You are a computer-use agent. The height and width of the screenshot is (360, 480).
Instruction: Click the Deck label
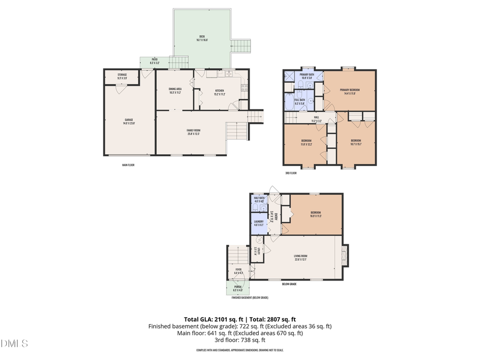pyautogui.click(x=202, y=37)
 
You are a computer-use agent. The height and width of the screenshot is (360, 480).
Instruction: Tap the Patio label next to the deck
pyautogui.click(x=154, y=60)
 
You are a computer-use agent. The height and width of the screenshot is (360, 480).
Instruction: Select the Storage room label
pyautogui.click(x=122, y=76)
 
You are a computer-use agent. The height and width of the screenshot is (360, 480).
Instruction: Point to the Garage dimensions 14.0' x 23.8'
pyautogui.click(x=129, y=123)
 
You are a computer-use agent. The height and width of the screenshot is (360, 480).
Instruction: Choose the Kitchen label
pyautogui.click(x=220, y=91)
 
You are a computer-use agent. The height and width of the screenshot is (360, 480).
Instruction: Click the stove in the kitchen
pyautogui.click(x=245, y=89)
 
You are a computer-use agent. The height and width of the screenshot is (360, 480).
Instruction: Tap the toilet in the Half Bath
pyautogui.click(x=255, y=207)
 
